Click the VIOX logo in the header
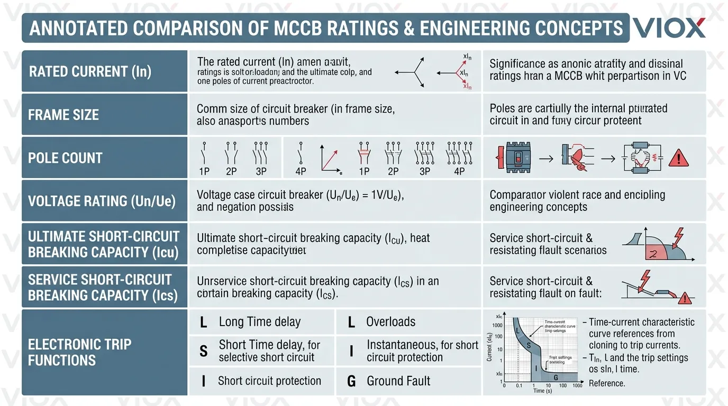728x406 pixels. (669, 27)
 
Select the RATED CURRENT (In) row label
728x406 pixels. (90, 71)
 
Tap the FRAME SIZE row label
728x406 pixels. (63, 115)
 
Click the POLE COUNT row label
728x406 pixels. (65, 158)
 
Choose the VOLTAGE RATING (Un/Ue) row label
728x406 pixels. (102, 201)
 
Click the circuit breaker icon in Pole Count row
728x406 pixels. (516, 158)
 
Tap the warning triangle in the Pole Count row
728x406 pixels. (678, 158)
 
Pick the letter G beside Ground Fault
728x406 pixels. (351, 381)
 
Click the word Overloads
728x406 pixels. (390, 322)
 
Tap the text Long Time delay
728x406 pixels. (259, 322)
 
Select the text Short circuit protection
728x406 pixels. (269, 381)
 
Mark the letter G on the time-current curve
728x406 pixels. (555, 378)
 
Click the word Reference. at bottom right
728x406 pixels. (607, 383)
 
